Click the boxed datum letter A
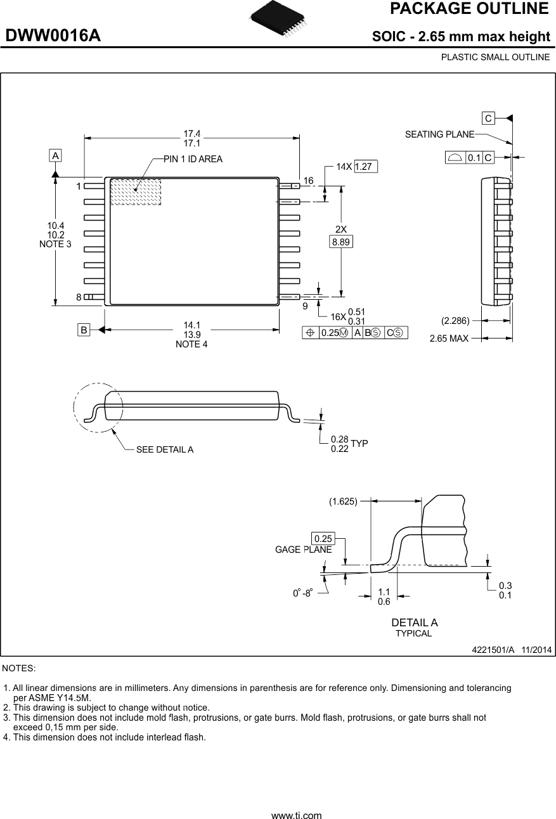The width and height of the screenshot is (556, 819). [x=56, y=155]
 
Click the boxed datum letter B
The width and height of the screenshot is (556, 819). [x=84, y=330]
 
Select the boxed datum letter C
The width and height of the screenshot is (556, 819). [x=488, y=119]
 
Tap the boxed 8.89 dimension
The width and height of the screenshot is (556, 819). [x=342, y=242]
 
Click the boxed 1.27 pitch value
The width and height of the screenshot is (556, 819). [x=366, y=167]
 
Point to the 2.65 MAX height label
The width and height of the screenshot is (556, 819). [x=449, y=339]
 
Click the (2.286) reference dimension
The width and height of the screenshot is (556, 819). [x=455, y=320]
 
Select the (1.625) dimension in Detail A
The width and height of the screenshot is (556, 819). [x=343, y=501]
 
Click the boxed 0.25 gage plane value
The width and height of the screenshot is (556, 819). [x=323, y=539]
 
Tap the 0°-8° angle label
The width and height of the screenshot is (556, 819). [x=303, y=593]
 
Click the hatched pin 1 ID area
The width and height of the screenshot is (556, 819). [x=136, y=192]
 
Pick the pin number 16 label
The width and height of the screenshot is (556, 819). [x=308, y=181]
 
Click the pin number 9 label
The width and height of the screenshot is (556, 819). [x=305, y=306]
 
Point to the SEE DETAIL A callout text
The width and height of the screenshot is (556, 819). [x=165, y=449]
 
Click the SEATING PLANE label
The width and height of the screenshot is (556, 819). [x=439, y=134]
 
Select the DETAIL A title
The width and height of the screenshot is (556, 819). [x=414, y=622]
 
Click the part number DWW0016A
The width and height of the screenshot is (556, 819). [x=53, y=35]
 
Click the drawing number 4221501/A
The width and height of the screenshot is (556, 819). [x=493, y=650]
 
